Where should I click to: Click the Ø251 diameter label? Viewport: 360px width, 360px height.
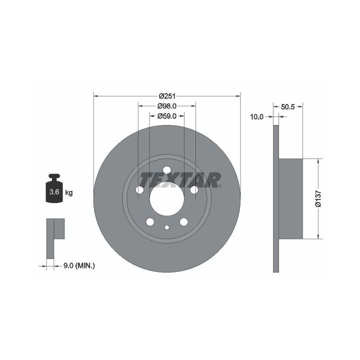(x=167, y=95)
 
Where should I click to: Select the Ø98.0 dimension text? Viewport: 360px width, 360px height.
(x=167, y=106)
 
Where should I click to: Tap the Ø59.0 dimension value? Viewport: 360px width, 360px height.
(x=167, y=116)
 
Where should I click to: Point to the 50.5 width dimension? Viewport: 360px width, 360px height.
(x=287, y=106)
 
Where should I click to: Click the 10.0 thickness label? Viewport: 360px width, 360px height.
(x=256, y=117)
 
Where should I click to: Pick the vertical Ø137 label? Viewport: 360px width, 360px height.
(x=318, y=198)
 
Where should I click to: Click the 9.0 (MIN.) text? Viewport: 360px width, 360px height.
(x=79, y=266)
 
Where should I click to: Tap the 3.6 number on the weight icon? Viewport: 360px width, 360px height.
(x=54, y=191)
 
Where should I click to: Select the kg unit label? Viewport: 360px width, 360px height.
(x=69, y=192)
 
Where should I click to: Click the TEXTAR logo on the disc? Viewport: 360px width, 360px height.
(x=180, y=180)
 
